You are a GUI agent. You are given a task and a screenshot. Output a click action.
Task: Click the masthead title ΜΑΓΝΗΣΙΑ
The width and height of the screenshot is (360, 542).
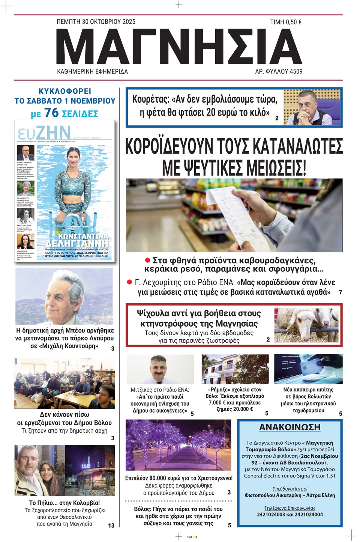(x=179, y=46)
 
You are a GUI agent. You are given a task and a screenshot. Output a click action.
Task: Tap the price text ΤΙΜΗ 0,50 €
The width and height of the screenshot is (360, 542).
(x=286, y=23)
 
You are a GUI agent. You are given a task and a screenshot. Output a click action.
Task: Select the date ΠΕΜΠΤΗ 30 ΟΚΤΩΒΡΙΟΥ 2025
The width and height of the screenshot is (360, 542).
(x=96, y=22)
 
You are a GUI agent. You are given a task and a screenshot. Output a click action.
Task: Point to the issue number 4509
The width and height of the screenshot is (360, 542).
(x=295, y=71)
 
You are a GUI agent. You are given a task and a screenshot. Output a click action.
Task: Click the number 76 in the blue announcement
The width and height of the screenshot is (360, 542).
(x=51, y=113)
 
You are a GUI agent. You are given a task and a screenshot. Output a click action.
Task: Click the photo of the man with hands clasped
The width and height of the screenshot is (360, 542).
(x=312, y=107)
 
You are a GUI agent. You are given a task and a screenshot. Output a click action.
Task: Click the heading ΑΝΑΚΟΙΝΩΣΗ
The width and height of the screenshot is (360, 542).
(x=289, y=427)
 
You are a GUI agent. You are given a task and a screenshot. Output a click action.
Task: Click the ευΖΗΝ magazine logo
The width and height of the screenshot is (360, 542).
(x=44, y=132)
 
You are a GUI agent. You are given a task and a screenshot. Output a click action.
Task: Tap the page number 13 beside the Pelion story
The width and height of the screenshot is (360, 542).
(x=111, y=525)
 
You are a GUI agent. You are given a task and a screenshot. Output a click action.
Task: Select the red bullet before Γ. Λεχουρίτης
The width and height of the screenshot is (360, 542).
(x=130, y=282)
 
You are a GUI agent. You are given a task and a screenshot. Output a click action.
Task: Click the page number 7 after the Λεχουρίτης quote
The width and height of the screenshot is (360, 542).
(x=340, y=292)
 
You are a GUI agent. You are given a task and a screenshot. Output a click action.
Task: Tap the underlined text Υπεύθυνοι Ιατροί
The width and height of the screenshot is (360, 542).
(x=289, y=489)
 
